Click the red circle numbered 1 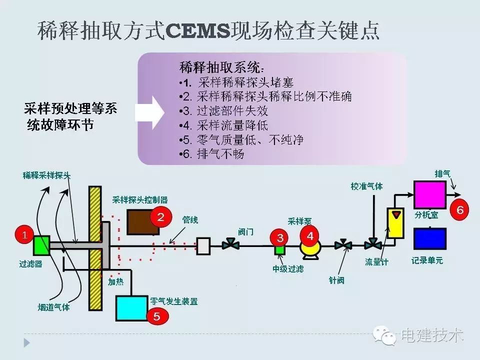(x=24, y=234)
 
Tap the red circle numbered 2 (x=160, y=217)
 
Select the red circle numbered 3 (x=280, y=237)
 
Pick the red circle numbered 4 (x=310, y=234)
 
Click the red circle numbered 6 (x=460, y=210)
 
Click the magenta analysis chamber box (x=429, y=195)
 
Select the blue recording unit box (x=429, y=238)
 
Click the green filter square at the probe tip (x=41, y=245)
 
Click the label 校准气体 (x=366, y=186)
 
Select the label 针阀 (x=336, y=280)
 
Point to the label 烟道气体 (x=53, y=307)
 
